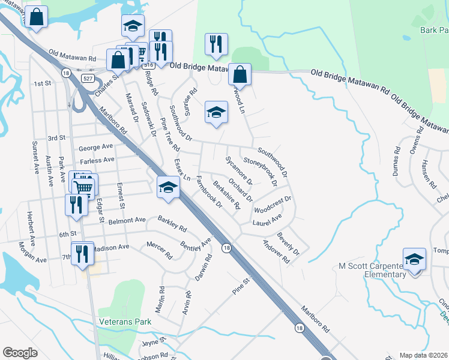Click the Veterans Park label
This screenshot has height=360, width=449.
126,322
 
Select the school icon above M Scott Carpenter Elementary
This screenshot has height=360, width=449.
414,259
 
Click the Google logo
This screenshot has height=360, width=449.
20,353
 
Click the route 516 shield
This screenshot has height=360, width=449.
149,64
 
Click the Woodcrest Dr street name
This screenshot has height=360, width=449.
273,205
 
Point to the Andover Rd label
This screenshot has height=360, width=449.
276,251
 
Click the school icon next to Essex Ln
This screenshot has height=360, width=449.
169,188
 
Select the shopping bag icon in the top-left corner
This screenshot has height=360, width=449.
37,18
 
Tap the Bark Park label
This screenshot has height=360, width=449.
434,31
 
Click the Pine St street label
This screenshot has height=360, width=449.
241,286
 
